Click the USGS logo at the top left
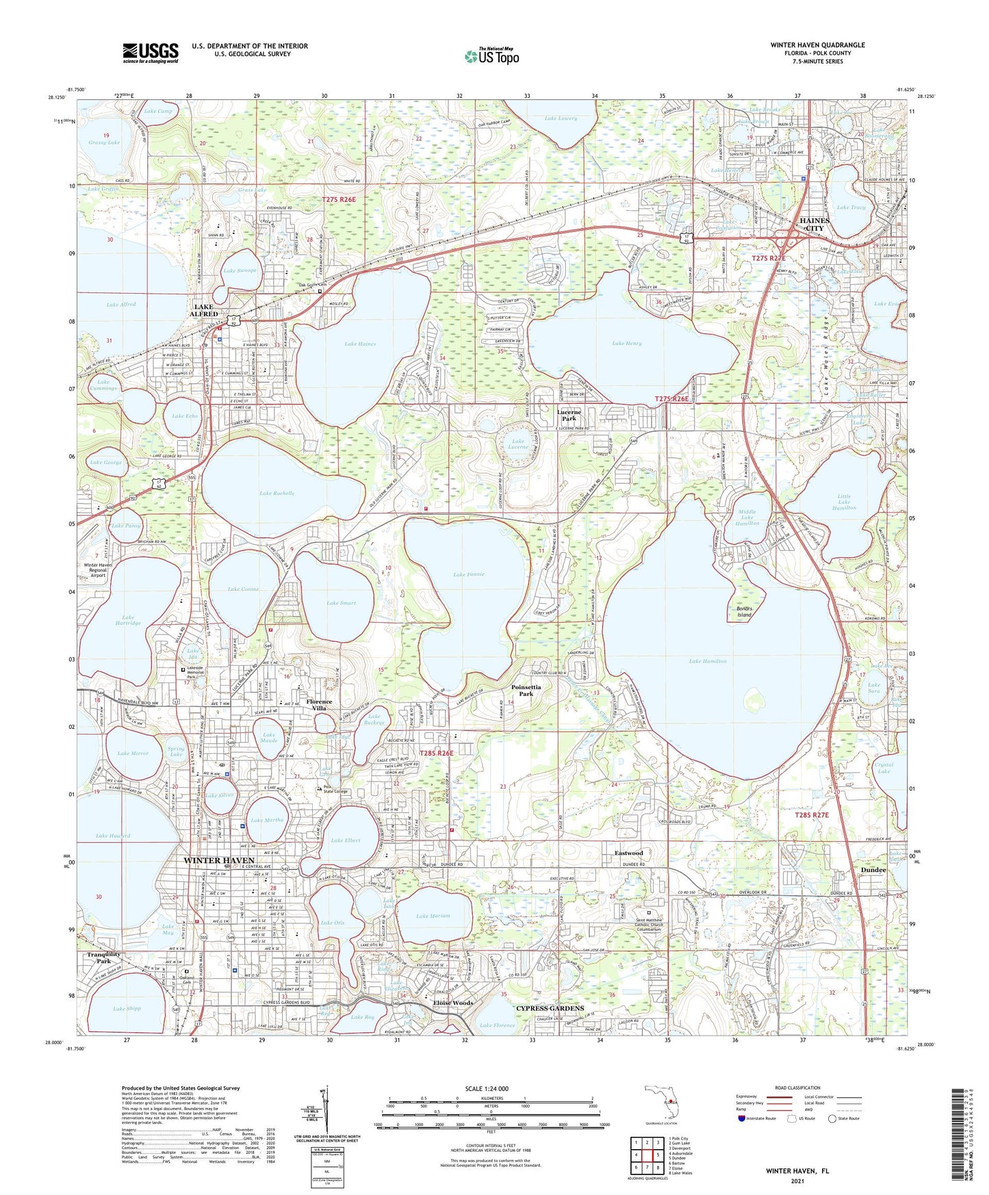(151, 52)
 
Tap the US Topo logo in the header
(491, 56)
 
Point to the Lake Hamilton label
(708, 661)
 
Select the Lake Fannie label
(469, 574)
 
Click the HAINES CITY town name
(814, 225)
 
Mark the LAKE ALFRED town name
(203, 311)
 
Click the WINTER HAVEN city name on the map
(219, 860)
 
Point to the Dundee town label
(873, 870)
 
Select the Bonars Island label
(744, 611)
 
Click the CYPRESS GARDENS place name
(550, 1008)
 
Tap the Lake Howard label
(113, 836)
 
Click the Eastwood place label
(628, 853)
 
